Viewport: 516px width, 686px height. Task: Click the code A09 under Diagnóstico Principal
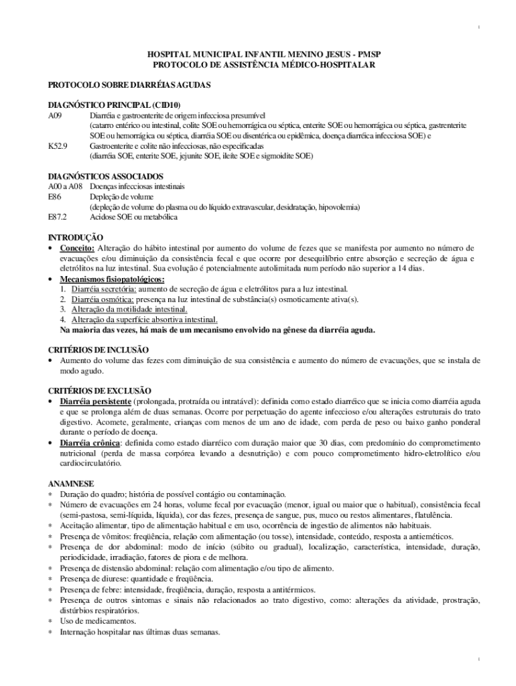tap(55, 115)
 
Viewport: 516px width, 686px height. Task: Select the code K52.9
tap(58, 145)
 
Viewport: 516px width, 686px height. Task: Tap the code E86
tap(54, 197)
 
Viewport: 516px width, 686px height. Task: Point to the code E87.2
tap(58, 217)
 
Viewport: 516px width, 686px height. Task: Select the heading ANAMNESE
tap(72, 482)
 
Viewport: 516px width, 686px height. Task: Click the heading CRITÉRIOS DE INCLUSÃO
tap(99, 350)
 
